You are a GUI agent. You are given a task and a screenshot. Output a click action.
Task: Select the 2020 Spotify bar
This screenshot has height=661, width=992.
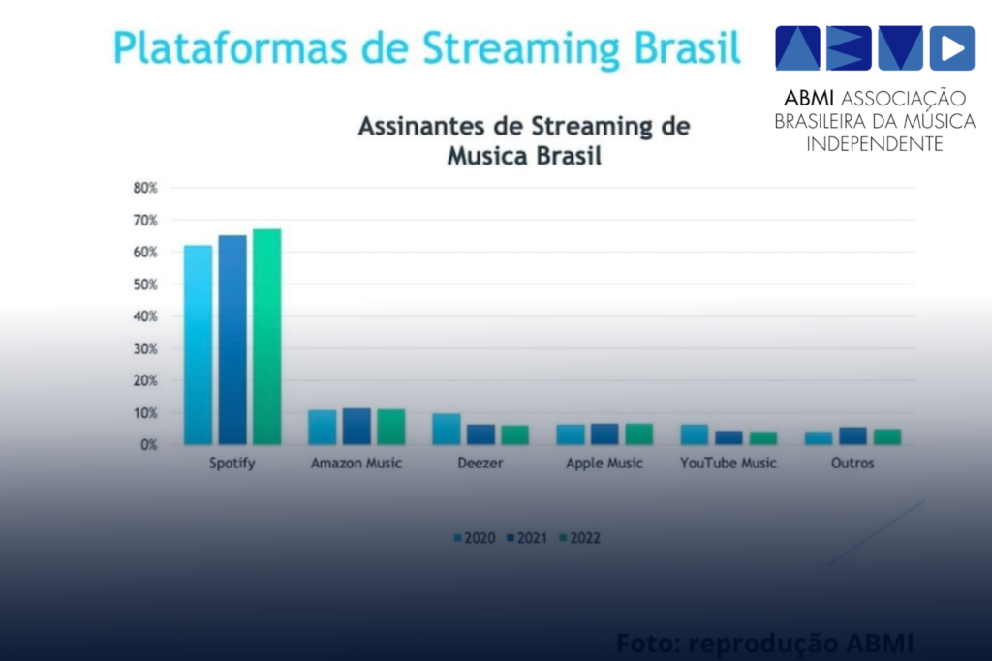(x=198, y=345)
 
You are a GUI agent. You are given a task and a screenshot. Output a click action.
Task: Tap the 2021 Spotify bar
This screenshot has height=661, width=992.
(x=232, y=340)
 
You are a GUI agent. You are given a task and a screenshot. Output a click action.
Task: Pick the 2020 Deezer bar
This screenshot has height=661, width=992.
(x=447, y=429)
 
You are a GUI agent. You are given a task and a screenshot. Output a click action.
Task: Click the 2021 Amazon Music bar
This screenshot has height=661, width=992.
(x=356, y=426)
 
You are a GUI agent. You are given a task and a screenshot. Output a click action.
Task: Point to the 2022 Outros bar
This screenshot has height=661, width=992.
(x=887, y=436)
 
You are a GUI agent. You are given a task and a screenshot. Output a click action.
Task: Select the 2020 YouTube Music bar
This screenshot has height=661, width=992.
(x=695, y=435)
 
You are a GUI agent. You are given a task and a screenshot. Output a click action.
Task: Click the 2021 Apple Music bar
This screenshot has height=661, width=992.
(x=604, y=434)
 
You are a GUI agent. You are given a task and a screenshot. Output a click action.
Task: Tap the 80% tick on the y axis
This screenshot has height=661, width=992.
(x=145, y=188)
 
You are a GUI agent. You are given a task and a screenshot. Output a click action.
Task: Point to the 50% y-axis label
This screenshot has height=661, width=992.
(x=145, y=285)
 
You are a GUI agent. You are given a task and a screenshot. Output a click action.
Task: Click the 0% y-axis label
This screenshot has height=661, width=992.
(x=148, y=445)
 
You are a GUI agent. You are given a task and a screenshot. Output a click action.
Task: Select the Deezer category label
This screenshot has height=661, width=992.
(x=480, y=464)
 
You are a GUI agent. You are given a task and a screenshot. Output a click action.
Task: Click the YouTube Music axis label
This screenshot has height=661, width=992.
(x=728, y=464)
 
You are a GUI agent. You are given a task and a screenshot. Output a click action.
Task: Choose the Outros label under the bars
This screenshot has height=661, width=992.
(x=852, y=464)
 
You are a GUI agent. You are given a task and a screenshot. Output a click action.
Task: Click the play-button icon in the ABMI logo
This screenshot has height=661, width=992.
(x=951, y=48)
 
